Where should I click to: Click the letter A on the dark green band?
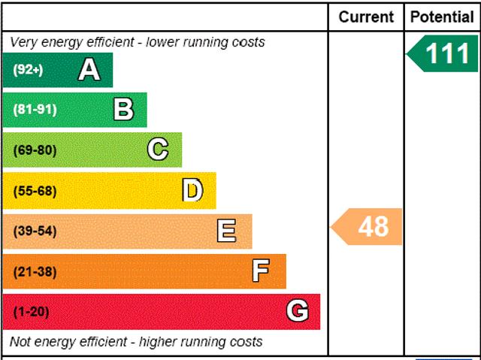(x=89, y=70)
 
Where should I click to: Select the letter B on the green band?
(x=123, y=110)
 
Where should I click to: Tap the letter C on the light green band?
(x=157, y=150)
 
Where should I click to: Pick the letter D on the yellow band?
(x=192, y=191)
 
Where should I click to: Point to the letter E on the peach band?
(x=226, y=231)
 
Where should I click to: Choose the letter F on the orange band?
(x=261, y=271)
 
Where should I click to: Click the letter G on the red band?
(x=297, y=311)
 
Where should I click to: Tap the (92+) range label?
(x=28, y=71)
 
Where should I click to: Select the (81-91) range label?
(x=35, y=110)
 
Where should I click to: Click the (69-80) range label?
(x=35, y=150)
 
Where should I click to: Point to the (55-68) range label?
(x=35, y=191)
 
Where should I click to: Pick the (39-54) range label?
(x=35, y=231)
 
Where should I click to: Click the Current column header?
(x=366, y=17)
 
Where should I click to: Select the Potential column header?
(x=443, y=17)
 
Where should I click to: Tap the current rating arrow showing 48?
(x=368, y=226)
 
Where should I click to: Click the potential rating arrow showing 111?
(x=443, y=54)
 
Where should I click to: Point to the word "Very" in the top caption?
(x=23, y=42)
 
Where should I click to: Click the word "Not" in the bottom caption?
(x=21, y=342)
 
